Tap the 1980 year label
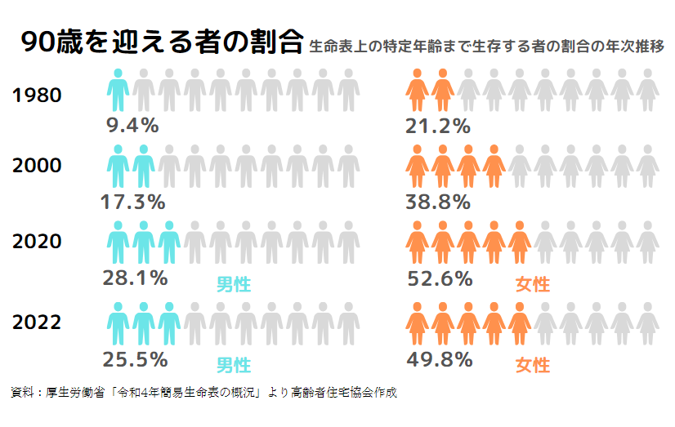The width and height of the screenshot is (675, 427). (x=38, y=96)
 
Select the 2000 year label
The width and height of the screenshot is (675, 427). (x=38, y=166)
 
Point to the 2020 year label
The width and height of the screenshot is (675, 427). (x=38, y=241)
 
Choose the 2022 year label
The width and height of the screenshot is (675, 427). (x=38, y=322)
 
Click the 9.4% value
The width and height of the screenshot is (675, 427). (x=132, y=126)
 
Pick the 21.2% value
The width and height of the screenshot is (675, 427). (x=438, y=126)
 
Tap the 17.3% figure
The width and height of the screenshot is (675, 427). (x=132, y=201)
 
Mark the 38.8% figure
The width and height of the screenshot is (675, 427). (x=438, y=201)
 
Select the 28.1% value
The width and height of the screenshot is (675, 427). (x=135, y=278)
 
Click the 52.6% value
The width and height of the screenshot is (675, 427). (x=440, y=278)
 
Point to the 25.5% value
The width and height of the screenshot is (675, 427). (x=135, y=358)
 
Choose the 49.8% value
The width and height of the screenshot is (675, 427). (x=440, y=358)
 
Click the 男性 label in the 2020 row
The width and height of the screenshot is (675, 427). (x=233, y=284)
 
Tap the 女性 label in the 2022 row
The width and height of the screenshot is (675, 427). (x=533, y=365)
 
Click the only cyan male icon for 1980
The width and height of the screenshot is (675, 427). (x=118, y=90)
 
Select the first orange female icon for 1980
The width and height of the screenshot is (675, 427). (x=418, y=90)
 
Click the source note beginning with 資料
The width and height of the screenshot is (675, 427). (x=204, y=393)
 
